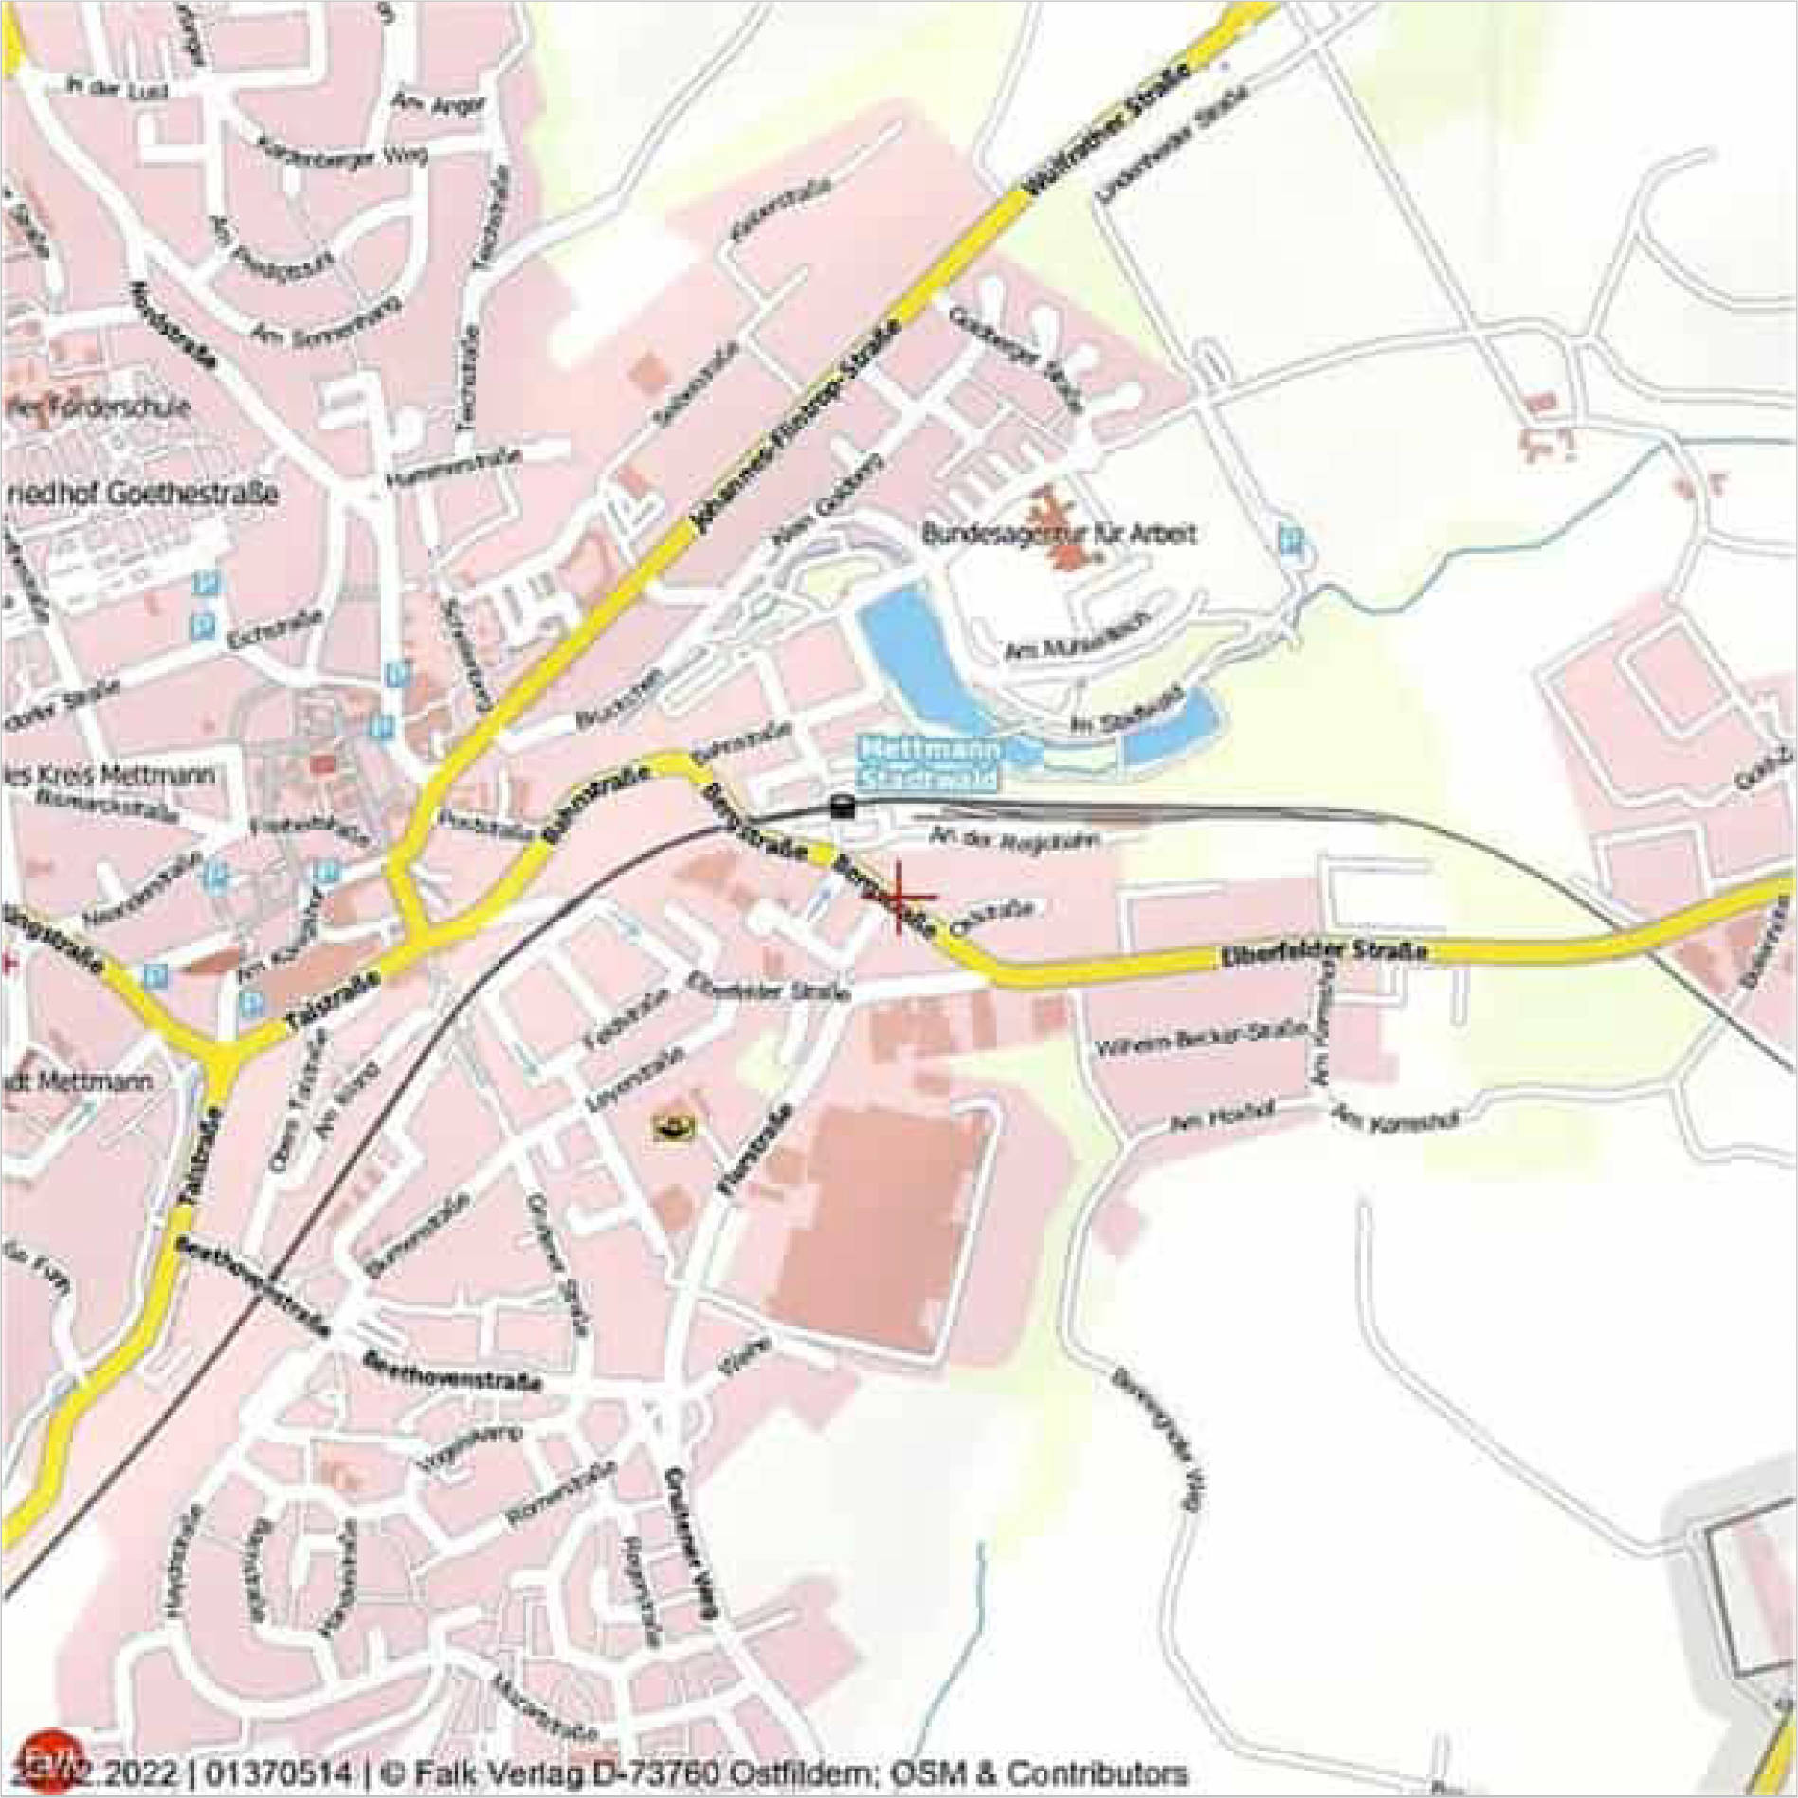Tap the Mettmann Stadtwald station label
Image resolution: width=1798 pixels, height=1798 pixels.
click(929, 764)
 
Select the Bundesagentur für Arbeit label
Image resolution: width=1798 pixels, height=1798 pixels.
click(1058, 534)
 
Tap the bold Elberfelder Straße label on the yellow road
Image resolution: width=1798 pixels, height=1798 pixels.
click(1323, 951)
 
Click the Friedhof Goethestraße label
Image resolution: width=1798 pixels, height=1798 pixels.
click(142, 495)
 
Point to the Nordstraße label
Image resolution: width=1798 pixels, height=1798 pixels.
click(174, 322)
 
